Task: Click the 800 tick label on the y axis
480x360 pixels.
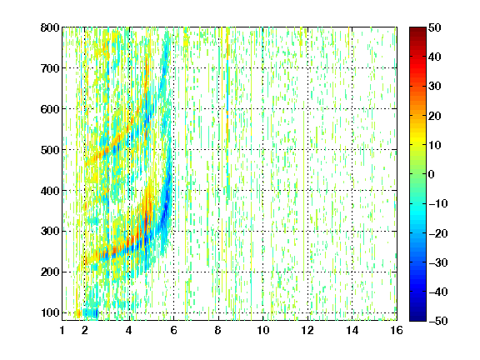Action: pyautogui.click(x=50, y=27)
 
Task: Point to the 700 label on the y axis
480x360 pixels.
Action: pyautogui.click(x=50, y=68)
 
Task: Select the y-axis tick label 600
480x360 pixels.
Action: pyautogui.click(x=50, y=109)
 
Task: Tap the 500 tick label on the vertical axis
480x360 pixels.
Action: pyautogui.click(x=50, y=150)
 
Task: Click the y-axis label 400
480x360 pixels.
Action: pyautogui.click(x=50, y=191)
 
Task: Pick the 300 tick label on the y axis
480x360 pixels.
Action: pyautogui.click(x=50, y=231)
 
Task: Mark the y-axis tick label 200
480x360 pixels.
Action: pyautogui.click(x=50, y=272)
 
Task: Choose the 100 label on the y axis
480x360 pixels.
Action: pyautogui.click(x=50, y=312)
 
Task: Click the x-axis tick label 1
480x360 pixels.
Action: pyautogui.click(x=62, y=330)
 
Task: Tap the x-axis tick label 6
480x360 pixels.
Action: pyautogui.click(x=174, y=330)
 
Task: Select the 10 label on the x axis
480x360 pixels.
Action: pyautogui.click(x=263, y=330)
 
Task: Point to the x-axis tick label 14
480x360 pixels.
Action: pyautogui.click(x=352, y=330)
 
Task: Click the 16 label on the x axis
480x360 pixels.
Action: pyautogui.click(x=397, y=330)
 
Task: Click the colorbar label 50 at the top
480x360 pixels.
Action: pyautogui.click(x=435, y=27)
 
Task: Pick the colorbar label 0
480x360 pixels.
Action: pyautogui.click(x=432, y=174)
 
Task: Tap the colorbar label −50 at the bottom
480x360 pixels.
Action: pyautogui.click(x=438, y=321)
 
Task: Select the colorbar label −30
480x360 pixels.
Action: pyautogui.click(x=438, y=262)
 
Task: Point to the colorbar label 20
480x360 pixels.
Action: pyautogui.click(x=435, y=116)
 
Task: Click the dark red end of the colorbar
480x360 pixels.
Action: pyautogui.click(x=417, y=30)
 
